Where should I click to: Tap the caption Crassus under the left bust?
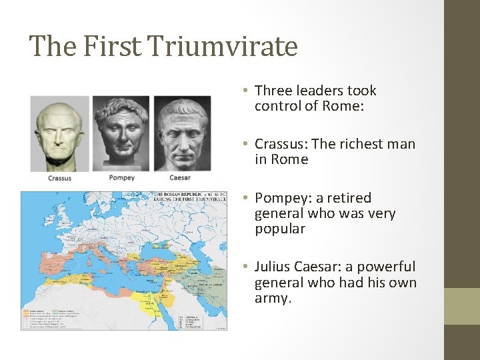point(59,178)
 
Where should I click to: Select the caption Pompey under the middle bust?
point(121,177)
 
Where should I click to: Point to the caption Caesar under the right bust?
point(180,177)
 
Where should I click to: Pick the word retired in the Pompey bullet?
point(347,198)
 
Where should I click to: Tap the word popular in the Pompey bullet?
point(280,229)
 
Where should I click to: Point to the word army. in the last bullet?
point(273,298)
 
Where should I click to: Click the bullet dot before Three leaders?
point(246,91)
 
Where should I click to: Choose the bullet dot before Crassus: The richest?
point(246,144)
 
